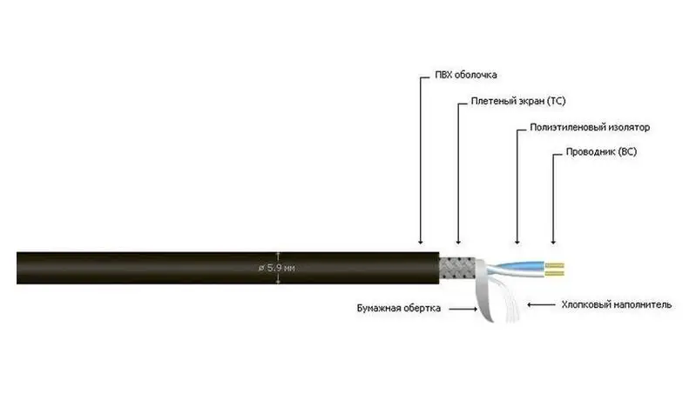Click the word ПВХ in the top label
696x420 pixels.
443,75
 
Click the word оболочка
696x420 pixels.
476,75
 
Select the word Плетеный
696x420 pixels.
490,101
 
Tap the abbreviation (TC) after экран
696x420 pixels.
557,101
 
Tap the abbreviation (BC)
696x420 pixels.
628,152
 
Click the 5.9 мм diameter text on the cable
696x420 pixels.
276,268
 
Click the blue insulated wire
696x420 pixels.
520,266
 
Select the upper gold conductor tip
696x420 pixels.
555,266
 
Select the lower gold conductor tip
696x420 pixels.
555,273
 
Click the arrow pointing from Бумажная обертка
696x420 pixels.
463,309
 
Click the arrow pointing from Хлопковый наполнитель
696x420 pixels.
541,305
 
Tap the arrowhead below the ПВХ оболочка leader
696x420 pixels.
421,242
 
